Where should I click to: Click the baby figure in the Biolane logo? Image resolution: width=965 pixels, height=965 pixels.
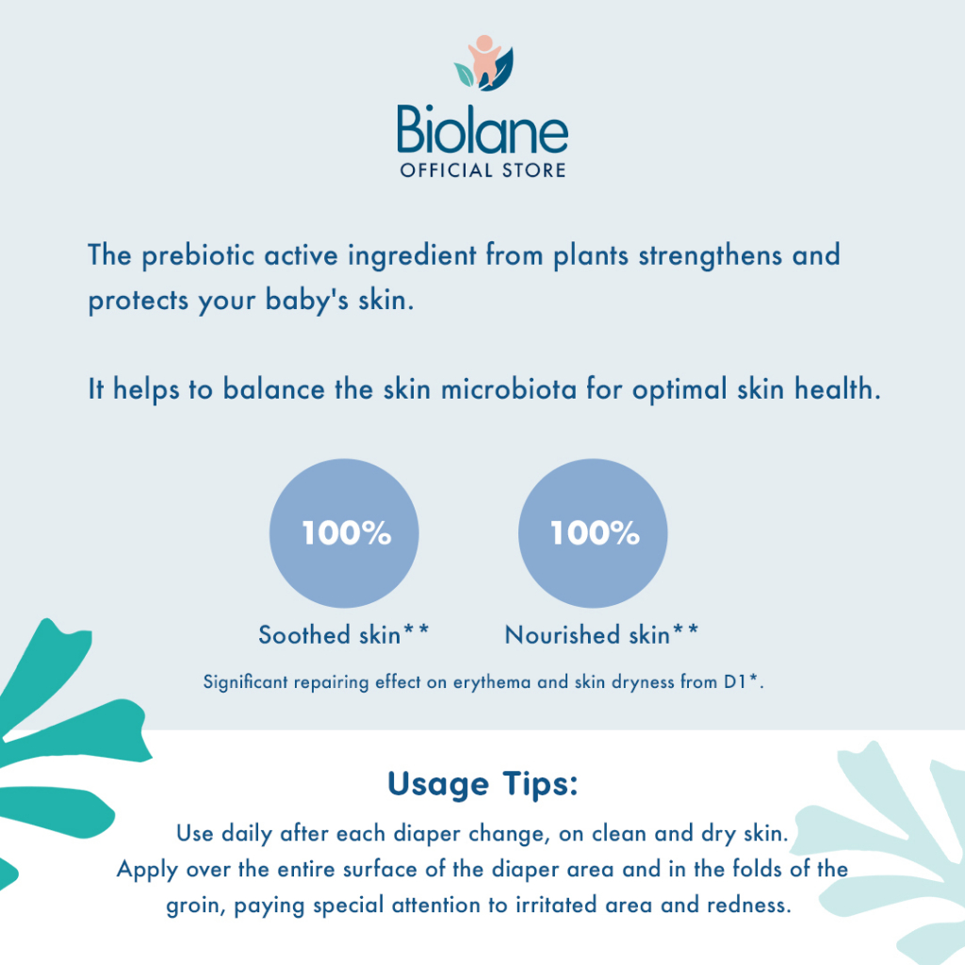pyautogui.click(x=484, y=59)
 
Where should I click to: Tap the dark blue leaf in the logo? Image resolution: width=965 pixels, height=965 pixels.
pyautogui.click(x=499, y=72)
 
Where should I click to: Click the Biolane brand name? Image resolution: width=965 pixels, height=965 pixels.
pyautogui.click(x=482, y=129)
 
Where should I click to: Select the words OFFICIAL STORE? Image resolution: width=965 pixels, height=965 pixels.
pyautogui.click(x=483, y=171)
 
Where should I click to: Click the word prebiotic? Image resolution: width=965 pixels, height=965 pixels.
pyautogui.click(x=198, y=255)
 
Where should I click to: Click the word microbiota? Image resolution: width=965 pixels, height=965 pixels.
pyautogui.click(x=508, y=389)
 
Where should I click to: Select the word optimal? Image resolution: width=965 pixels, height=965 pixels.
pyautogui.click(x=679, y=389)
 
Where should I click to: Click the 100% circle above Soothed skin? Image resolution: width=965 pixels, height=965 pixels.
pyautogui.click(x=344, y=533)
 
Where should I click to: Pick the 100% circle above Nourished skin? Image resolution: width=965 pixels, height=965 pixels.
pyautogui.click(x=593, y=533)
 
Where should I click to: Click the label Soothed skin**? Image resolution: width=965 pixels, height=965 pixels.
pyautogui.click(x=343, y=634)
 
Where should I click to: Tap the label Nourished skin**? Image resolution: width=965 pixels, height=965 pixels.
pyautogui.click(x=601, y=634)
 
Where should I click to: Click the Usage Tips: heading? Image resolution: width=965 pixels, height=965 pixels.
pyautogui.click(x=483, y=784)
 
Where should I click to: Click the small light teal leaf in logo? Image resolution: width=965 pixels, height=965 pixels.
pyautogui.click(x=464, y=74)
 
